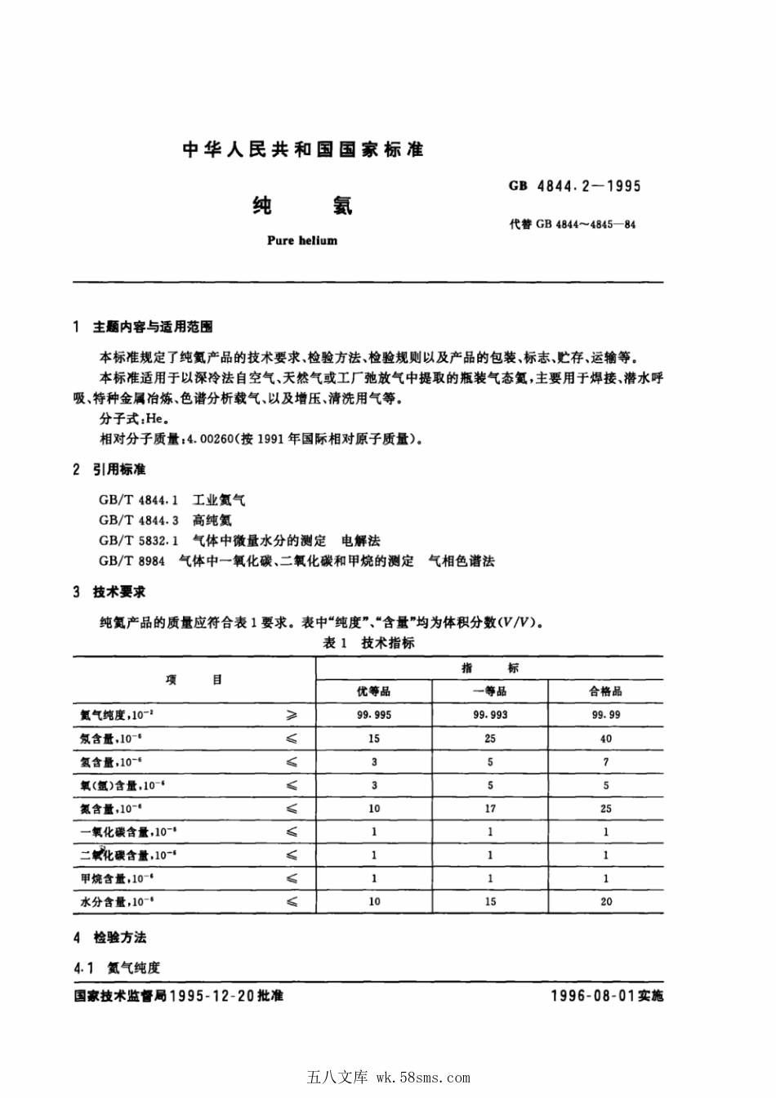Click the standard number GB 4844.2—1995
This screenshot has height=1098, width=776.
coord(575,185)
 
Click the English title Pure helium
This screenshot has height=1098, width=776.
coord(302,241)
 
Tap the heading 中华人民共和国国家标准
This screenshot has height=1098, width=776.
coord(303,150)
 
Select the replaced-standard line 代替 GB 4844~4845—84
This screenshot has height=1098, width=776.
coord(573,224)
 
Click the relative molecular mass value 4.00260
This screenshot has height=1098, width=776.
coord(210,439)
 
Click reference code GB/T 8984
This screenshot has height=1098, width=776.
coord(132,561)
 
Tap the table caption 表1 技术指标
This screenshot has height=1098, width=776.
coord(368,643)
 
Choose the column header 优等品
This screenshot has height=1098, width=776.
coord(373,691)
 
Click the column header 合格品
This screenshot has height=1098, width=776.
coord(605,691)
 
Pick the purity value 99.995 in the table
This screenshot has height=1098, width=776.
coord(374,715)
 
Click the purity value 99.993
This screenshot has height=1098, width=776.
coord(490,715)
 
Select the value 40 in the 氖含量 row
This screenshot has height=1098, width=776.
coord(605,739)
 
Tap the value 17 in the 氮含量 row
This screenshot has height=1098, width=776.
coord(490,809)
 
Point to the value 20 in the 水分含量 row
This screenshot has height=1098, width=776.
coord(605,902)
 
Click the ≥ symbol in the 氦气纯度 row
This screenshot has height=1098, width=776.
coord(292,715)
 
